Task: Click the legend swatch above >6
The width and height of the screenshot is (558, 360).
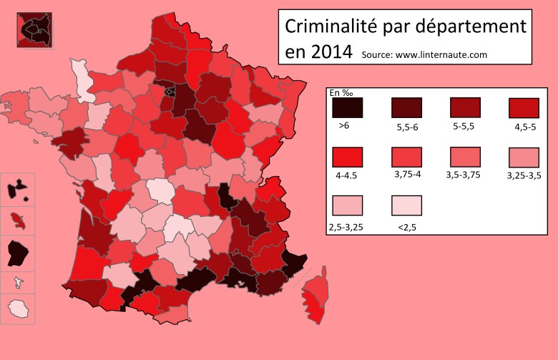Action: point(348,107)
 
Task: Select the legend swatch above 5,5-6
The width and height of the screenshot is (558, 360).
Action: point(406,107)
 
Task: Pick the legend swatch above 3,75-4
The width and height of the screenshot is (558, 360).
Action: point(406,156)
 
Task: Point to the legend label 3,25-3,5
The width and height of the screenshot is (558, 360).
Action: point(524,175)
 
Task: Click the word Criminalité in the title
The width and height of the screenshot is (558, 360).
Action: point(328,26)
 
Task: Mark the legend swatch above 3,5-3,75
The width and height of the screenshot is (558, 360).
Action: point(466,156)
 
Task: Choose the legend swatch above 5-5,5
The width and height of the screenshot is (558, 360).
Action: point(466,107)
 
